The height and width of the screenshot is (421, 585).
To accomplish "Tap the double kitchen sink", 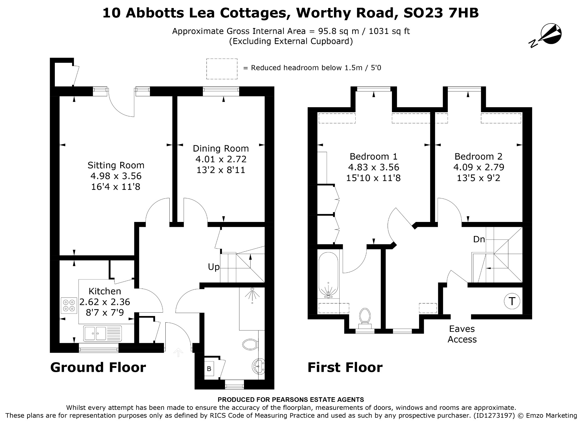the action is pyautogui.click(x=103, y=333).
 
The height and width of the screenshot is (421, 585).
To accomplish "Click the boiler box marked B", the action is pyautogui.click(x=209, y=369).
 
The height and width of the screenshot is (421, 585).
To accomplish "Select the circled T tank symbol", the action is pyautogui.click(x=512, y=301).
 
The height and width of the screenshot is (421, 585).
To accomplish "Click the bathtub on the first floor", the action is pyautogui.click(x=328, y=275).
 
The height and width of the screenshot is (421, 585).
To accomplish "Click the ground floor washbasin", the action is pyautogui.click(x=259, y=366).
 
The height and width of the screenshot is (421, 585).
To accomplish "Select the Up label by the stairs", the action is pyautogui.click(x=214, y=267).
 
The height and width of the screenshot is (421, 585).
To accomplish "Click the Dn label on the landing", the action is pyautogui.click(x=479, y=239).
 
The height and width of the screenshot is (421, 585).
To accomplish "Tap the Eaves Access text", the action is pyautogui.click(x=462, y=334).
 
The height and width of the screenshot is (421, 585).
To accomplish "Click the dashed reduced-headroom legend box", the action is pyautogui.click(x=222, y=69).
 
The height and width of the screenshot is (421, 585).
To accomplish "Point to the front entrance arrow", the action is pyautogui.click(x=178, y=352).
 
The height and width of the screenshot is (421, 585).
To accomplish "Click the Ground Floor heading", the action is pyautogui.click(x=98, y=367).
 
